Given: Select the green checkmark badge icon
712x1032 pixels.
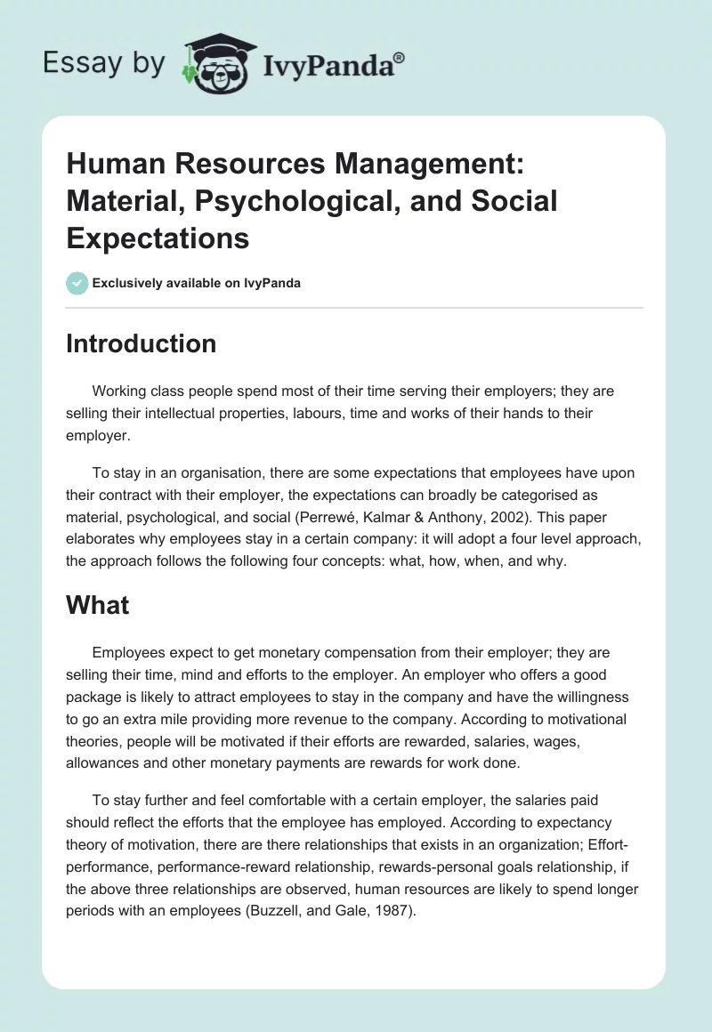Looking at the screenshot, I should pos(77,284).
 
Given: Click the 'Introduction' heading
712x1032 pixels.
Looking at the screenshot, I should pos(141,344).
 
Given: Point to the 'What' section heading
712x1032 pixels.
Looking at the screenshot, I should pos(97,606).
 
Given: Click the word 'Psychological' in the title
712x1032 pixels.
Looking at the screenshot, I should pos(272,201).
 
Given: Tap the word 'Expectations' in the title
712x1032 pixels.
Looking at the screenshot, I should pos(158,238).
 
